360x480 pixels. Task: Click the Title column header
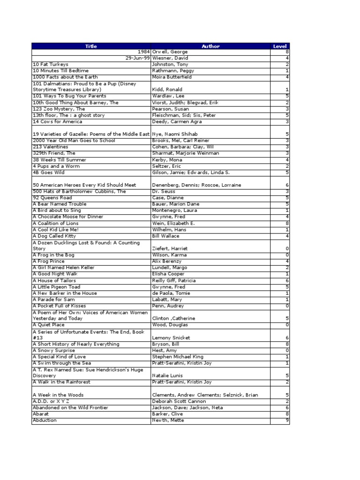click(x=91, y=46)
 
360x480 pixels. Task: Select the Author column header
click(x=210, y=46)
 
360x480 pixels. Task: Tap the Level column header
click(x=279, y=46)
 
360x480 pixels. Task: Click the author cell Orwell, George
click(x=169, y=52)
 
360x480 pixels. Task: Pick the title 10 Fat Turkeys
click(x=50, y=64)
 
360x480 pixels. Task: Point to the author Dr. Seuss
click(x=163, y=191)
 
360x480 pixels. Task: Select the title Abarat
click(x=41, y=414)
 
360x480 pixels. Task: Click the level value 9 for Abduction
click(x=287, y=420)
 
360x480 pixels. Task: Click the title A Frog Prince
click(x=49, y=261)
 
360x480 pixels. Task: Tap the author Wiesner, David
click(x=169, y=58)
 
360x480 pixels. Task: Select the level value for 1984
click(x=287, y=52)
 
